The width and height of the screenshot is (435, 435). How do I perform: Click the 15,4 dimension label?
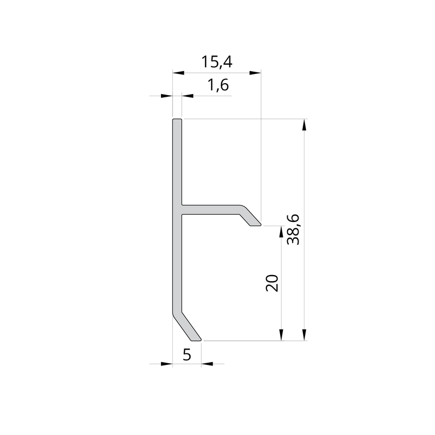[x=216, y=62]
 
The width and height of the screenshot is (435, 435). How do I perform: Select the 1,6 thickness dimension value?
[x=219, y=85]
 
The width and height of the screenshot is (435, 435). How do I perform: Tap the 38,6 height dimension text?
[x=293, y=229]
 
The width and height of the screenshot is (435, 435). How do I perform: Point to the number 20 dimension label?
[x=272, y=283]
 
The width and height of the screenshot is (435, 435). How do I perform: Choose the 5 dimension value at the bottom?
[x=187, y=355]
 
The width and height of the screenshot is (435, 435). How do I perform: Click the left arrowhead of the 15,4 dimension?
[x=178, y=73]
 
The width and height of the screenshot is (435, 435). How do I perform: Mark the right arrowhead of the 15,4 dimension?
[x=255, y=73]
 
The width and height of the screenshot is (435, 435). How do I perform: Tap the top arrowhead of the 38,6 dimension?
[x=304, y=125]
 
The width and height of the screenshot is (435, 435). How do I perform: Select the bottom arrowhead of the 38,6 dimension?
[x=304, y=334]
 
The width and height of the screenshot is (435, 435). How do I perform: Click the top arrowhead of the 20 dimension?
[x=282, y=232]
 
